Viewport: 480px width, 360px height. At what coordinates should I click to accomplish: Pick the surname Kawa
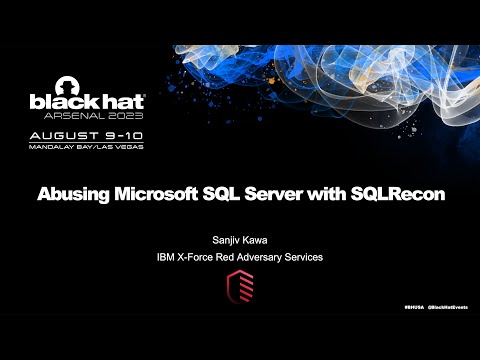[259, 241]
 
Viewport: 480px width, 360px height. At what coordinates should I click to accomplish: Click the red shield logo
[240, 288]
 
